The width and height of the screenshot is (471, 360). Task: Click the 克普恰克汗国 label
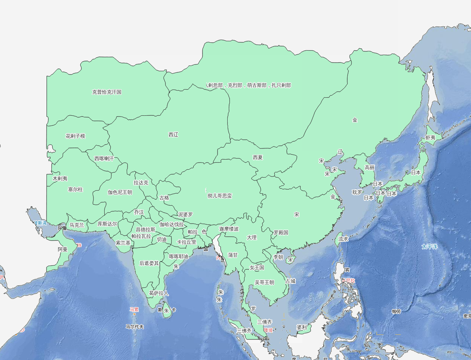click(x=107, y=92)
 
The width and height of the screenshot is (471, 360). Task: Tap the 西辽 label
click(x=173, y=134)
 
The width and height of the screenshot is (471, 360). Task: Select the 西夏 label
click(x=258, y=157)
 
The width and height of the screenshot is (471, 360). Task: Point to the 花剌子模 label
click(x=75, y=136)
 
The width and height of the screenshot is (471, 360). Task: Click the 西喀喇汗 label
click(x=104, y=158)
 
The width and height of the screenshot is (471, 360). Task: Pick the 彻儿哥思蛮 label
click(x=220, y=196)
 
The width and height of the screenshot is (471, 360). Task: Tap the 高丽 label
click(x=369, y=167)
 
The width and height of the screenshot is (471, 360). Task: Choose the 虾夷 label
click(x=430, y=138)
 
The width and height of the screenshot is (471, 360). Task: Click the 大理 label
click(x=252, y=237)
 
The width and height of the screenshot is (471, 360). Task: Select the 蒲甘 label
click(x=233, y=255)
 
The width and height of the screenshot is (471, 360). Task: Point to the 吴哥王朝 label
click(x=264, y=282)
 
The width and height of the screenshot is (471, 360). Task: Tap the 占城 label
click(x=290, y=281)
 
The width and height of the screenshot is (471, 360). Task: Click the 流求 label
click(x=343, y=239)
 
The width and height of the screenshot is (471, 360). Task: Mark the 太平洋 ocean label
click(x=429, y=246)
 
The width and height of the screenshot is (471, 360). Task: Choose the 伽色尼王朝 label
click(x=120, y=192)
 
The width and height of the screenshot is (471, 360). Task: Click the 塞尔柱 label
click(x=75, y=190)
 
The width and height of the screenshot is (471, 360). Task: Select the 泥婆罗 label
click(x=185, y=215)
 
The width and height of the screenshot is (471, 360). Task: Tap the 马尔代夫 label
click(x=135, y=326)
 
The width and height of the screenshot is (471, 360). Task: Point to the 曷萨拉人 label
click(x=159, y=293)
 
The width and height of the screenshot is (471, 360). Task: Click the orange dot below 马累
click(x=134, y=314)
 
